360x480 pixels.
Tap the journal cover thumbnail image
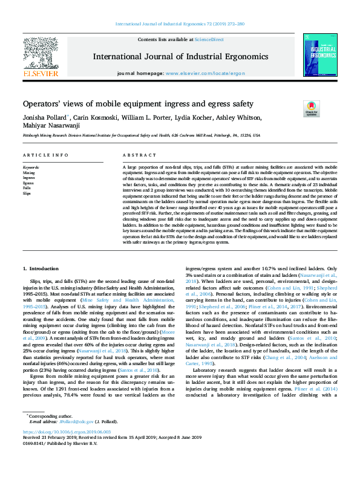pos(320,55)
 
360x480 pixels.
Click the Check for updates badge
pos(310,109)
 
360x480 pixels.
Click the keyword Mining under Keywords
pos(28,172)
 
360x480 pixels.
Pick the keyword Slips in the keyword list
pos(27,193)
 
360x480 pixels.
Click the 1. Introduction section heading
pos(42,267)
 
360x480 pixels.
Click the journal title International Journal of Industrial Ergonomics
pos(180,57)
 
